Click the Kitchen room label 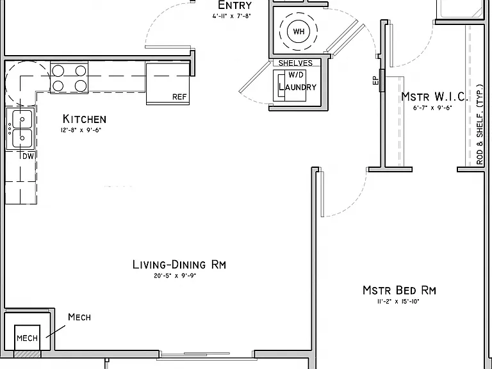pyautogui.click(x=85, y=119)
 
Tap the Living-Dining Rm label pyautogui.click(x=179, y=265)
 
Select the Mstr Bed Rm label pyautogui.click(x=399, y=290)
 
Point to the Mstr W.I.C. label pyautogui.click(x=434, y=97)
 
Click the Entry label pyautogui.click(x=234, y=5)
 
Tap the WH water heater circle pyautogui.click(x=299, y=31)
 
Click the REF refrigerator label pyautogui.click(x=179, y=97)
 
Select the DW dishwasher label pyautogui.click(x=28, y=156)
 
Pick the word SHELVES pyautogui.click(x=295, y=63)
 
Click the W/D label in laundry pyautogui.click(x=295, y=75)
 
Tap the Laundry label pyautogui.click(x=297, y=87)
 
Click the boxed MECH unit pyautogui.click(x=28, y=338)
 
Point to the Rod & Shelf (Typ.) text pyautogui.click(x=480, y=124)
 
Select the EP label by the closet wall pyautogui.click(x=375, y=81)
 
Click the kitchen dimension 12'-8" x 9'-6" pyautogui.click(x=81, y=130)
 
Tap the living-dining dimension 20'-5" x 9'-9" pyautogui.click(x=175, y=276)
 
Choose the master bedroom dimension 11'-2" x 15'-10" pyautogui.click(x=398, y=302)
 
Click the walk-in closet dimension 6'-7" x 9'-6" pyautogui.click(x=432, y=108)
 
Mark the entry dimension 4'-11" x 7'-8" pyautogui.click(x=231, y=16)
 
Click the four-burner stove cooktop pyautogui.click(x=69, y=77)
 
